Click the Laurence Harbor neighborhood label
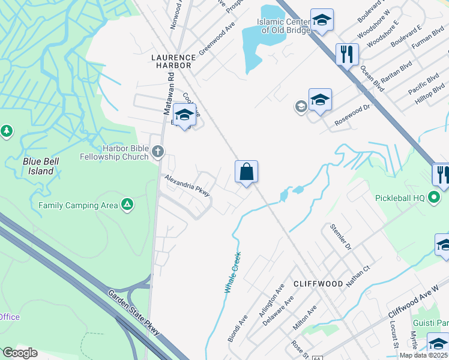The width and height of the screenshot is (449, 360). tap(170, 60)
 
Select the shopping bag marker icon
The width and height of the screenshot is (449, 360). tap(246, 172)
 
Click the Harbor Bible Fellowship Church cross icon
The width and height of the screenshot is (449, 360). tap(158, 151)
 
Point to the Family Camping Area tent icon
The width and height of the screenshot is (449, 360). tap(127, 205)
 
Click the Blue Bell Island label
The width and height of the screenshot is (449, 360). tap(38, 166)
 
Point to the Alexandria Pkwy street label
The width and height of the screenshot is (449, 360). tap(187, 186)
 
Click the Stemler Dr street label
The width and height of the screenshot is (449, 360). tap(340, 236)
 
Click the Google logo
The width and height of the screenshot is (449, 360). tap(20, 353)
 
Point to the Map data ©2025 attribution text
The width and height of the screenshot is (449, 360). tap(423, 355)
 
